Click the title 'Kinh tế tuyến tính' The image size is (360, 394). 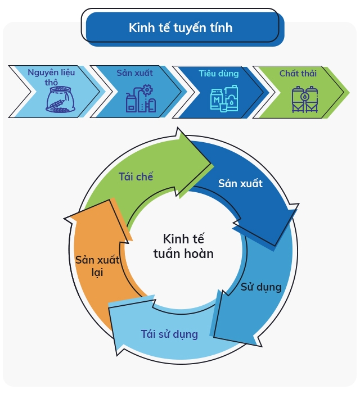tap(180, 28)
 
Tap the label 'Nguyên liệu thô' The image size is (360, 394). tap(51, 77)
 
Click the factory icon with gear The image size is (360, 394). tap(140, 98)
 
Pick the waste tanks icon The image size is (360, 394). tap(304, 99)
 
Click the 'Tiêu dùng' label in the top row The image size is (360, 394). tap(218, 74)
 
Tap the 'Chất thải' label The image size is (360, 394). tap(298, 74)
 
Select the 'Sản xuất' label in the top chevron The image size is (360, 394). tap(134, 73)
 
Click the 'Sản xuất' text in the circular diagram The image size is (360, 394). tap(240, 184)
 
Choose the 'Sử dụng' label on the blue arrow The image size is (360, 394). tap(261, 287)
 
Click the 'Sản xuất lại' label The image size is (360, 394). tap(93, 266)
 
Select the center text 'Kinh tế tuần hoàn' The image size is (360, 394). tap(183, 246)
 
